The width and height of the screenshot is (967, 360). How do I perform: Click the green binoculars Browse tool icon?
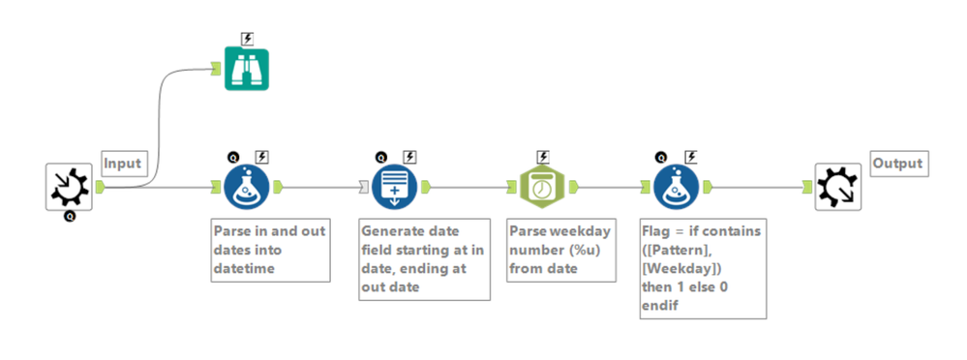(246, 69)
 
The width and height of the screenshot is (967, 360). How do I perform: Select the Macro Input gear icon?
(69, 187)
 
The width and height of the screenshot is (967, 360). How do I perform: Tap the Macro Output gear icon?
(837, 187)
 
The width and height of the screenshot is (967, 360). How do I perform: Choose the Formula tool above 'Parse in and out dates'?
(246, 187)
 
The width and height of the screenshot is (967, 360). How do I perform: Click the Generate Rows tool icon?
(394, 187)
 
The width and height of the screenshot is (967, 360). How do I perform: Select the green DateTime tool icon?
(542, 187)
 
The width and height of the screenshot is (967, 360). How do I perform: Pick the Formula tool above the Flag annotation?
(677, 187)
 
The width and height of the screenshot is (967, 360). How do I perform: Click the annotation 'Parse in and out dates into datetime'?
(271, 250)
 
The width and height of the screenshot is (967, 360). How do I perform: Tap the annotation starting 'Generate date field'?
(424, 259)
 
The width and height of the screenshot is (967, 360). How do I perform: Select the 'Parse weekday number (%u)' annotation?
(561, 250)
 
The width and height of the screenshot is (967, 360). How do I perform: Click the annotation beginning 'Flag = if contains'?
(703, 268)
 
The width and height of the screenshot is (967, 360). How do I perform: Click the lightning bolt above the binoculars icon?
(247, 40)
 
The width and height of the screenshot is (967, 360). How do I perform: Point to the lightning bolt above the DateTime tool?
(543, 157)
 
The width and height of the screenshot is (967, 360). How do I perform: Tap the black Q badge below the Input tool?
(70, 217)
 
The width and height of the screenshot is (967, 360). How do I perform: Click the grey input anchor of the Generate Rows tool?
(365, 187)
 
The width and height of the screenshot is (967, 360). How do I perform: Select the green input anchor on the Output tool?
(808, 187)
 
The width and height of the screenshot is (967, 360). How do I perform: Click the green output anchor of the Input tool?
(100, 187)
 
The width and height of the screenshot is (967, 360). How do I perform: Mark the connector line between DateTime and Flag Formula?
(608, 187)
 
